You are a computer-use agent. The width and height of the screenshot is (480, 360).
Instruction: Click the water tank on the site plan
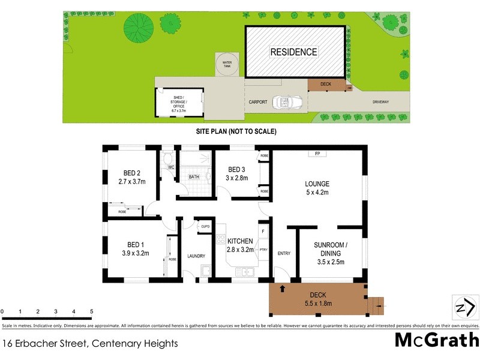(227, 65)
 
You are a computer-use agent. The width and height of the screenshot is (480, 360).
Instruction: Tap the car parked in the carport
(282, 103)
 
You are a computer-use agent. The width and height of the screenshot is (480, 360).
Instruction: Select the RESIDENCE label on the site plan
(293, 52)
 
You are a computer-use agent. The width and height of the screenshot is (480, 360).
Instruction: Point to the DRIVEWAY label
(380, 102)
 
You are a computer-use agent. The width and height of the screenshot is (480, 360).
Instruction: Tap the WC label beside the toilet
(170, 167)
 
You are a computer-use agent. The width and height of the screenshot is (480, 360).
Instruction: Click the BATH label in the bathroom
(194, 177)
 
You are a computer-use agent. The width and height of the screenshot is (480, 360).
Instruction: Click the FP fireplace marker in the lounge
(316, 154)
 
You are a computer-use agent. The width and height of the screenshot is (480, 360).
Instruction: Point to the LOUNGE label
(317, 184)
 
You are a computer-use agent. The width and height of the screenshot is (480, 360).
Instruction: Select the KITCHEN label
(241, 241)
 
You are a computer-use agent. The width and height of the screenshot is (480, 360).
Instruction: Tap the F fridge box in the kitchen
(262, 230)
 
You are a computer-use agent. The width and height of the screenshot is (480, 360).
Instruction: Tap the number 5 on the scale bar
(91, 311)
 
